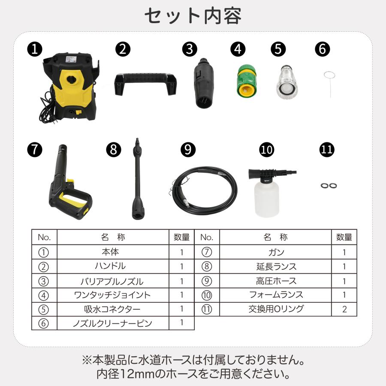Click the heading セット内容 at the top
pos(193,16)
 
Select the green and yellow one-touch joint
pos(246,81)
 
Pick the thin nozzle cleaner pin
pos(329,80)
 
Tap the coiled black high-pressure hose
pos(202,189)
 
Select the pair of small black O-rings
pos(329,185)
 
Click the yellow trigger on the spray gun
pos(71,198)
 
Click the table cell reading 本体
pos(113,252)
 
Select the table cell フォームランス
pos(276,295)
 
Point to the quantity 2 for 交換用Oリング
pos(344,309)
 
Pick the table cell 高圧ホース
pos(276,281)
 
